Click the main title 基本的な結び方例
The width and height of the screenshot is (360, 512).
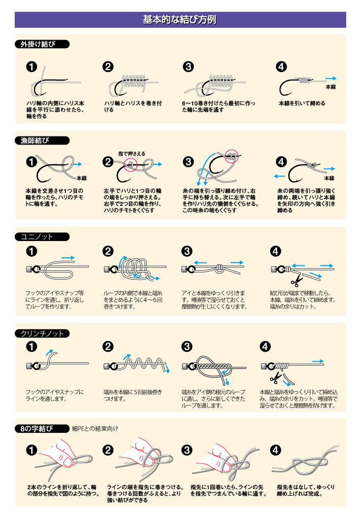click(180, 20)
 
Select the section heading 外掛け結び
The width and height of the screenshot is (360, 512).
click(38, 44)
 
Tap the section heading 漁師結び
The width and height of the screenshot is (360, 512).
click(34, 141)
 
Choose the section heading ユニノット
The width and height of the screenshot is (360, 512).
click(37, 237)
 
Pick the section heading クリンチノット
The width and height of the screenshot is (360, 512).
click(42, 333)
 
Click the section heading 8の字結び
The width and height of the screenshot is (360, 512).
click(37, 428)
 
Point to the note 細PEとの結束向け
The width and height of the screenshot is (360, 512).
click(95, 428)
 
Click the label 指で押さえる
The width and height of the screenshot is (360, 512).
click(131, 153)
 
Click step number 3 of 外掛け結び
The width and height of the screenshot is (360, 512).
click(188, 67)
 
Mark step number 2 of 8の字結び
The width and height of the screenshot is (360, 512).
click(107, 450)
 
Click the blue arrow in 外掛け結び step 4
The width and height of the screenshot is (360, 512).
click(331, 78)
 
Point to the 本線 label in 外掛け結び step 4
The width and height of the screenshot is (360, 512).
click(331, 87)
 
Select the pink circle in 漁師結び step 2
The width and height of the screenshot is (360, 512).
click(130, 164)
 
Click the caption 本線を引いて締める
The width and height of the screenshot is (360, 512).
click(302, 103)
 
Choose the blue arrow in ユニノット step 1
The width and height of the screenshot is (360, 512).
click(68, 258)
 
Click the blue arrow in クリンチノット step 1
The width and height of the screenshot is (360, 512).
click(49, 353)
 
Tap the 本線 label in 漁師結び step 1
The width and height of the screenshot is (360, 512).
click(82, 178)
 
